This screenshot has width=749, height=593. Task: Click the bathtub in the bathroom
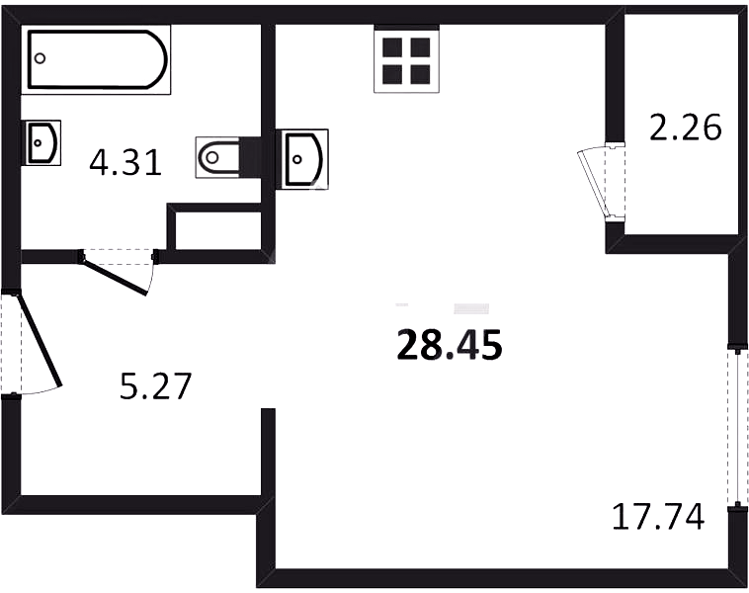(x=96, y=59)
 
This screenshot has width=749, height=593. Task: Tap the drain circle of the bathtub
(x=41, y=58)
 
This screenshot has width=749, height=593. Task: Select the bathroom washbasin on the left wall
(x=42, y=143)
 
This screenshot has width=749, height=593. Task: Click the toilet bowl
(x=217, y=157)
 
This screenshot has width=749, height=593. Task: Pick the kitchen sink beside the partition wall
(x=302, y=159)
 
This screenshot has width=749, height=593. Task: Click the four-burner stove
(x=406, y=58)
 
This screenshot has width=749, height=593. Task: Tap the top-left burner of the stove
(x=392, y=47)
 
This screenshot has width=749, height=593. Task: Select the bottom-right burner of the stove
(x=420, y=74)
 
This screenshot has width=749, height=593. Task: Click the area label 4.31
(x=125, y=162)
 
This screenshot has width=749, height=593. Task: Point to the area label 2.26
(x=686, y=127)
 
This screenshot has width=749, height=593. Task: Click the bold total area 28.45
(x=450, y=345)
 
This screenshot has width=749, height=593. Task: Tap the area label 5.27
(x=156, y=385)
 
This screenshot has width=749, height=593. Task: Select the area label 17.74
(x=658, y=516)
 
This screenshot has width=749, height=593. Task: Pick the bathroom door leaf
(x=115, y=276)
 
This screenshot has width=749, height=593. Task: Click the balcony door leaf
(x=594, y=183)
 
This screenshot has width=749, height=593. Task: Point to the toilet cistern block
(x=250, y=157)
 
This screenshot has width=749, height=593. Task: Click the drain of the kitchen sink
(x=297, y=159)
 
